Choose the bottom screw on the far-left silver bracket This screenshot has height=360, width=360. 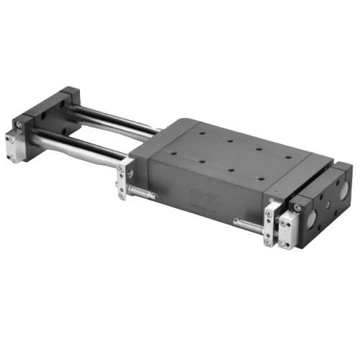pos(12,157)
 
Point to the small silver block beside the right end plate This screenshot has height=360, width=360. pos(289,221)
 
